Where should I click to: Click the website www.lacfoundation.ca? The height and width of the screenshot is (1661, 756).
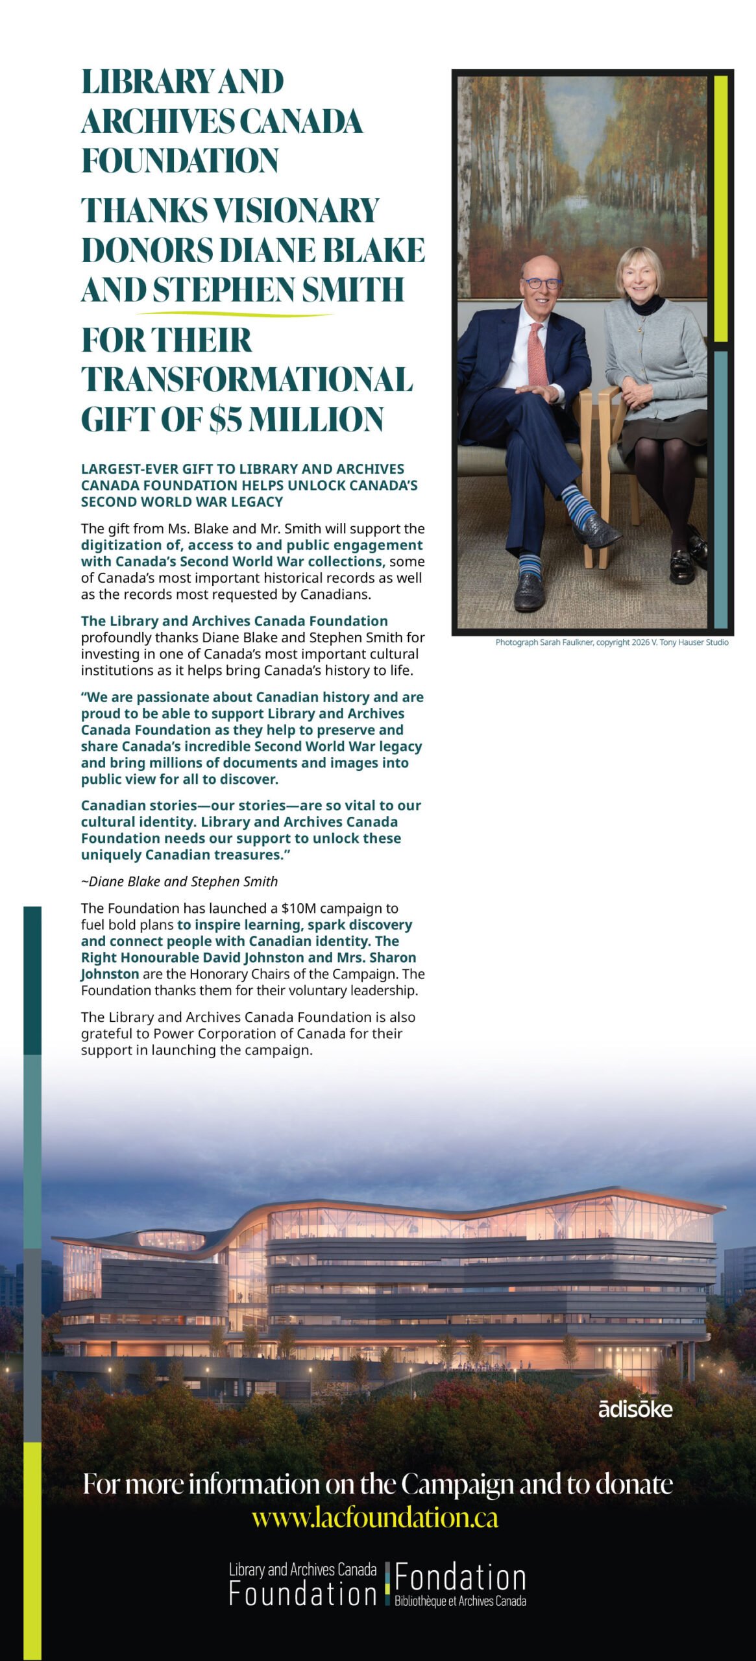(x=375, y=1518)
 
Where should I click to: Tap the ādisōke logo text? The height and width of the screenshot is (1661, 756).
(x=635, y=1409)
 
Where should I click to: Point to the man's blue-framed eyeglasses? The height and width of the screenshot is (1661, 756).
(x=541, y=284)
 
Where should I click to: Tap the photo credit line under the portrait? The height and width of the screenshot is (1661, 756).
(x=611, y=642)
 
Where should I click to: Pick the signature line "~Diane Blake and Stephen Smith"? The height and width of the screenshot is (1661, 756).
(x=179, y=881)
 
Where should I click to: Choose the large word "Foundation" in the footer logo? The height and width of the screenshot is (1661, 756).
(x=302, y=1594)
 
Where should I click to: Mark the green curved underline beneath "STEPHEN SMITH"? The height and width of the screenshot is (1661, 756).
(x=235, y=315)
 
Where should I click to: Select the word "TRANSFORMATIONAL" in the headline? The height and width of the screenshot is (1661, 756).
(x=247, y=380)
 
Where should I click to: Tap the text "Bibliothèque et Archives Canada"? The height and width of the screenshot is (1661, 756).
(x=460, y=1601)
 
